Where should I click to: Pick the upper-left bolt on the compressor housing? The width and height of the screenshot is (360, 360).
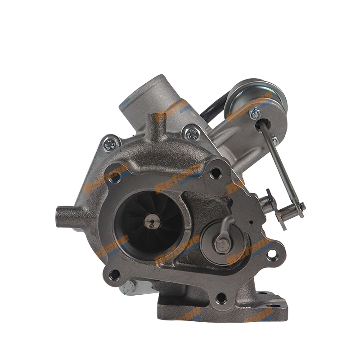tap(110, 144)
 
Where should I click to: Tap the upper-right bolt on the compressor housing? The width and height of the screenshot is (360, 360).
tap(192, 134)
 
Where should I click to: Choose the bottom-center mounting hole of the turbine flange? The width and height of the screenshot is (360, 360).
tap(220, 297)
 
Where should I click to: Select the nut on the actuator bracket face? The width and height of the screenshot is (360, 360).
tap(255, 114)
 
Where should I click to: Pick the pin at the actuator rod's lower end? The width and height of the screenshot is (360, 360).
tap(301, 207)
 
